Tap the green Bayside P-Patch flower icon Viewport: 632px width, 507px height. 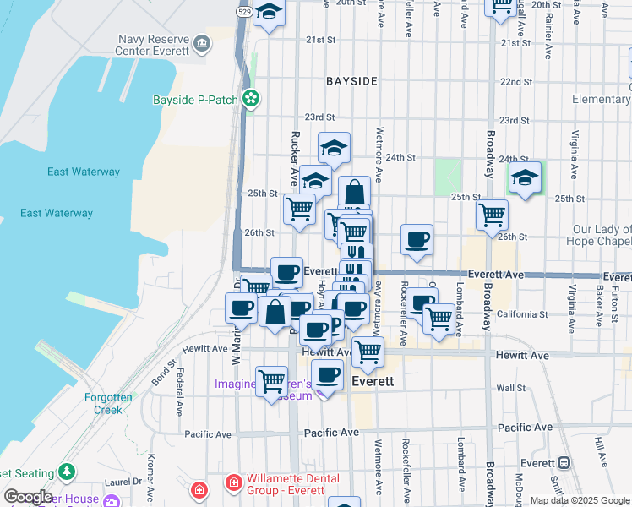point(251,100)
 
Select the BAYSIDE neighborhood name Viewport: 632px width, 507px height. point(352,81)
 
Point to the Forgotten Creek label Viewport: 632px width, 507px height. point(95,403)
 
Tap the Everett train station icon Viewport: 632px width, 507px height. point(561,462)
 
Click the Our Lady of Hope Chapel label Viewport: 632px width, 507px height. point(602,236)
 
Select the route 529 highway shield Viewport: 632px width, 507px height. point(243,12)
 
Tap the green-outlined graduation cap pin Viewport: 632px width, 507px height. point(525,177)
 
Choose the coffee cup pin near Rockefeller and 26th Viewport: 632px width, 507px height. point(417,239)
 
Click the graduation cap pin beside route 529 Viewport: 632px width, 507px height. point(269,13)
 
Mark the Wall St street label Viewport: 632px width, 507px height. point(511,388)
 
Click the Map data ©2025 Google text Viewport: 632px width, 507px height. point(579,500)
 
